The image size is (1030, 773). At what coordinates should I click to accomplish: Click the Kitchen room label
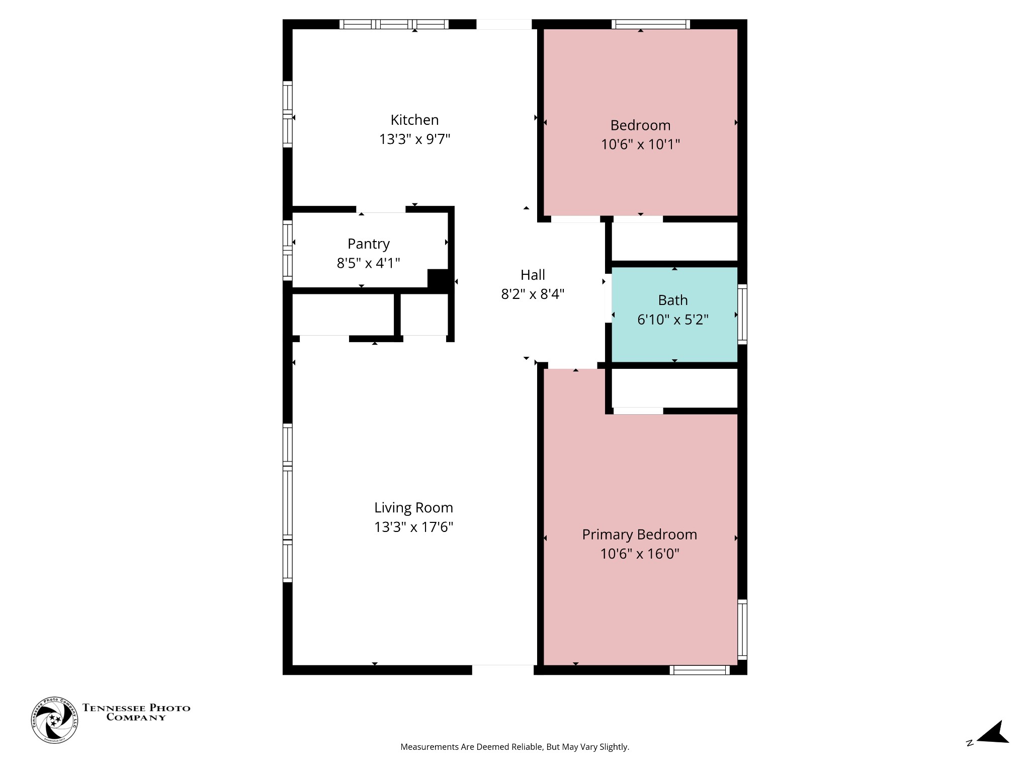point(414,120)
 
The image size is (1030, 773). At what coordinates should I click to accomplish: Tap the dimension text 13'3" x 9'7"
point(414,139)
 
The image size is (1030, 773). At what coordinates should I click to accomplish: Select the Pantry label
point(368,244)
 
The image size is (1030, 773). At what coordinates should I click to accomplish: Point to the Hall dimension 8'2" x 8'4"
point(533,294)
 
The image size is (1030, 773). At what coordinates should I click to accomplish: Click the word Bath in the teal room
point(672,300)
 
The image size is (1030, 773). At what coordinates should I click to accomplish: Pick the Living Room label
point(413,507)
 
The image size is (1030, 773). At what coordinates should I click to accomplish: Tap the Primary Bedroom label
point(639,534)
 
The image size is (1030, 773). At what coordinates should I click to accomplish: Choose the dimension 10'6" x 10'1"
point(640,144)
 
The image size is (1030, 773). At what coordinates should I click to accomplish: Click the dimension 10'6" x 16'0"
point(639,554)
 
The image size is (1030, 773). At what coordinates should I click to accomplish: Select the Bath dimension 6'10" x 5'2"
point(672,320)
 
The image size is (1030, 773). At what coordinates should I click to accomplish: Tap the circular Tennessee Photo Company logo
point(54,720)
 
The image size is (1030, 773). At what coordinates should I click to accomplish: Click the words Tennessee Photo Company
point(136,713)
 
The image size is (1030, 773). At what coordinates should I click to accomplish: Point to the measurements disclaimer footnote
point(514,747)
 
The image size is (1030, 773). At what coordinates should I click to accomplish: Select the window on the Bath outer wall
point(742,314)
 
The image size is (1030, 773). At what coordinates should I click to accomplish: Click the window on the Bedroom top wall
point(650,24)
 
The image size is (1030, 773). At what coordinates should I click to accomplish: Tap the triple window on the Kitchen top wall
point(394,24)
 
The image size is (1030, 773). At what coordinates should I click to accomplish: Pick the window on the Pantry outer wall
point(287,250)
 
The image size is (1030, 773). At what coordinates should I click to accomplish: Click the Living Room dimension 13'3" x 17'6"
point(413,527)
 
